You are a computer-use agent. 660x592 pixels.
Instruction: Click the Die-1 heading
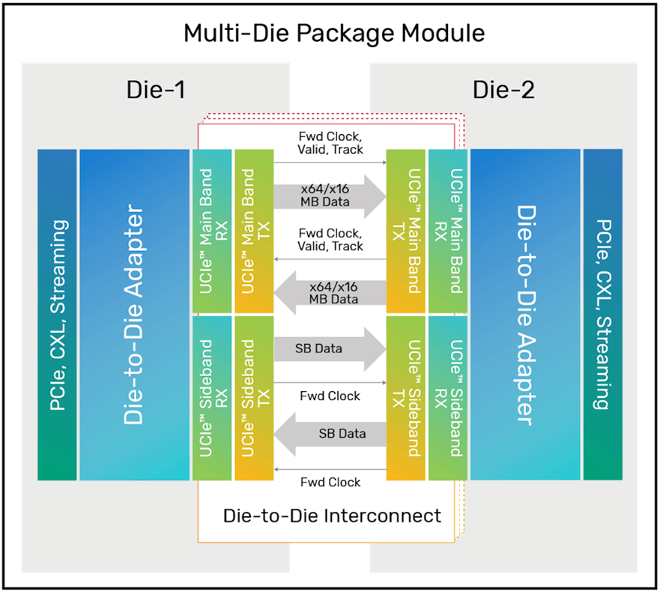point(155,91)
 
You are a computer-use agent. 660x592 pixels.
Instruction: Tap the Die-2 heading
point(503,91)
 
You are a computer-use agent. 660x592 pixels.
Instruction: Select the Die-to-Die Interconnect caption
point(332,516)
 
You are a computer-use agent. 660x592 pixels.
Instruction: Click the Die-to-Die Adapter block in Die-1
point(134,315)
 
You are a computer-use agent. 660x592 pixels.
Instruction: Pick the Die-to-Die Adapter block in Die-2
point(525,315)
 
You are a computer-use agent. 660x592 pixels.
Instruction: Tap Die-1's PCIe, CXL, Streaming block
point(57,315)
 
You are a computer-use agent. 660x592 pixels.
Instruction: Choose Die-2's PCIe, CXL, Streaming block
point(602,315)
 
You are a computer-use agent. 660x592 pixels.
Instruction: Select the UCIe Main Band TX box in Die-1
point(254,231)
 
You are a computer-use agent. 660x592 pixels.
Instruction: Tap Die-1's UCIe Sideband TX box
point(254,398)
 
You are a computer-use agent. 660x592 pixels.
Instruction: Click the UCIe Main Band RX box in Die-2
point(447,231)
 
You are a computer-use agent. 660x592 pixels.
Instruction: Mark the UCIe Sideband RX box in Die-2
point(447,398)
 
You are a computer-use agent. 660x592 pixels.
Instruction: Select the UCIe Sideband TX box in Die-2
point(406,398)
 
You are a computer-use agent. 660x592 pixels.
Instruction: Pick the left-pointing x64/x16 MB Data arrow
point(330,292)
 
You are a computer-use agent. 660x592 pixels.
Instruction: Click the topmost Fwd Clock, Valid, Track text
point(330,142)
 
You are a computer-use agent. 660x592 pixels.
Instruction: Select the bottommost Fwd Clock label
point(330,482)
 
